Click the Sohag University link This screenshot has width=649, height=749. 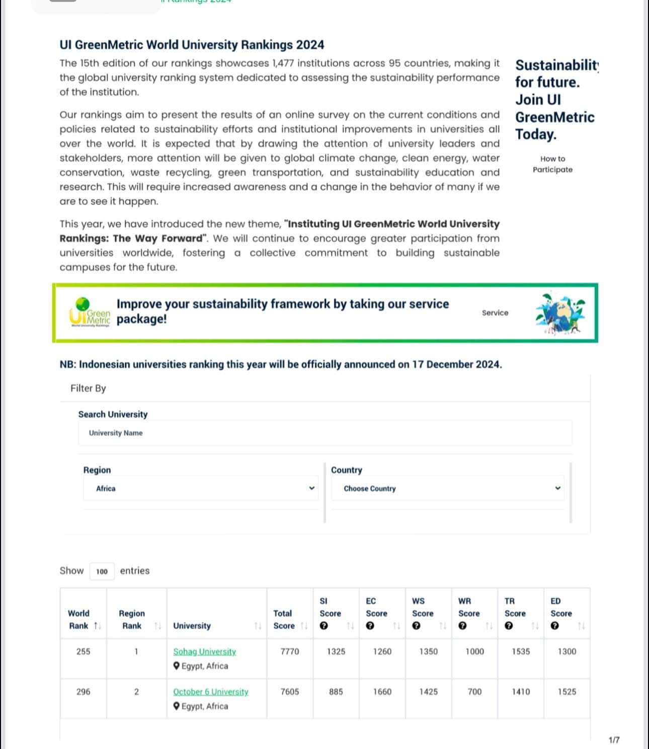[204, 651]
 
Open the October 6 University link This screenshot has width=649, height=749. [210, 692]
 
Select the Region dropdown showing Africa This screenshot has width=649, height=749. [201, 488]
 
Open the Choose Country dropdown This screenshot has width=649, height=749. [448, 488]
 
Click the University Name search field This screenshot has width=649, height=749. [324, 433]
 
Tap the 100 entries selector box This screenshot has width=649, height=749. [102, 571]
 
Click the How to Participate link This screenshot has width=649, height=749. [552, 164]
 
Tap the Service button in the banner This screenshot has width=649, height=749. [495, 313]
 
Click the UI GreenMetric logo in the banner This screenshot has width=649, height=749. [90, 313]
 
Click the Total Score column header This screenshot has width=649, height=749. [284, 620]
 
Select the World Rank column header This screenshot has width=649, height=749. [79, 620]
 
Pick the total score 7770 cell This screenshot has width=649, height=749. [289, 651]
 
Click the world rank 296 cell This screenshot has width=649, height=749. [83, 692]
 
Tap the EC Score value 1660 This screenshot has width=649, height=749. [382, 692]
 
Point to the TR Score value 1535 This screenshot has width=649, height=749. [521, 651]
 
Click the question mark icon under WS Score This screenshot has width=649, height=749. [416, 626]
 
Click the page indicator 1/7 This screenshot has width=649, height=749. [614, 740]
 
